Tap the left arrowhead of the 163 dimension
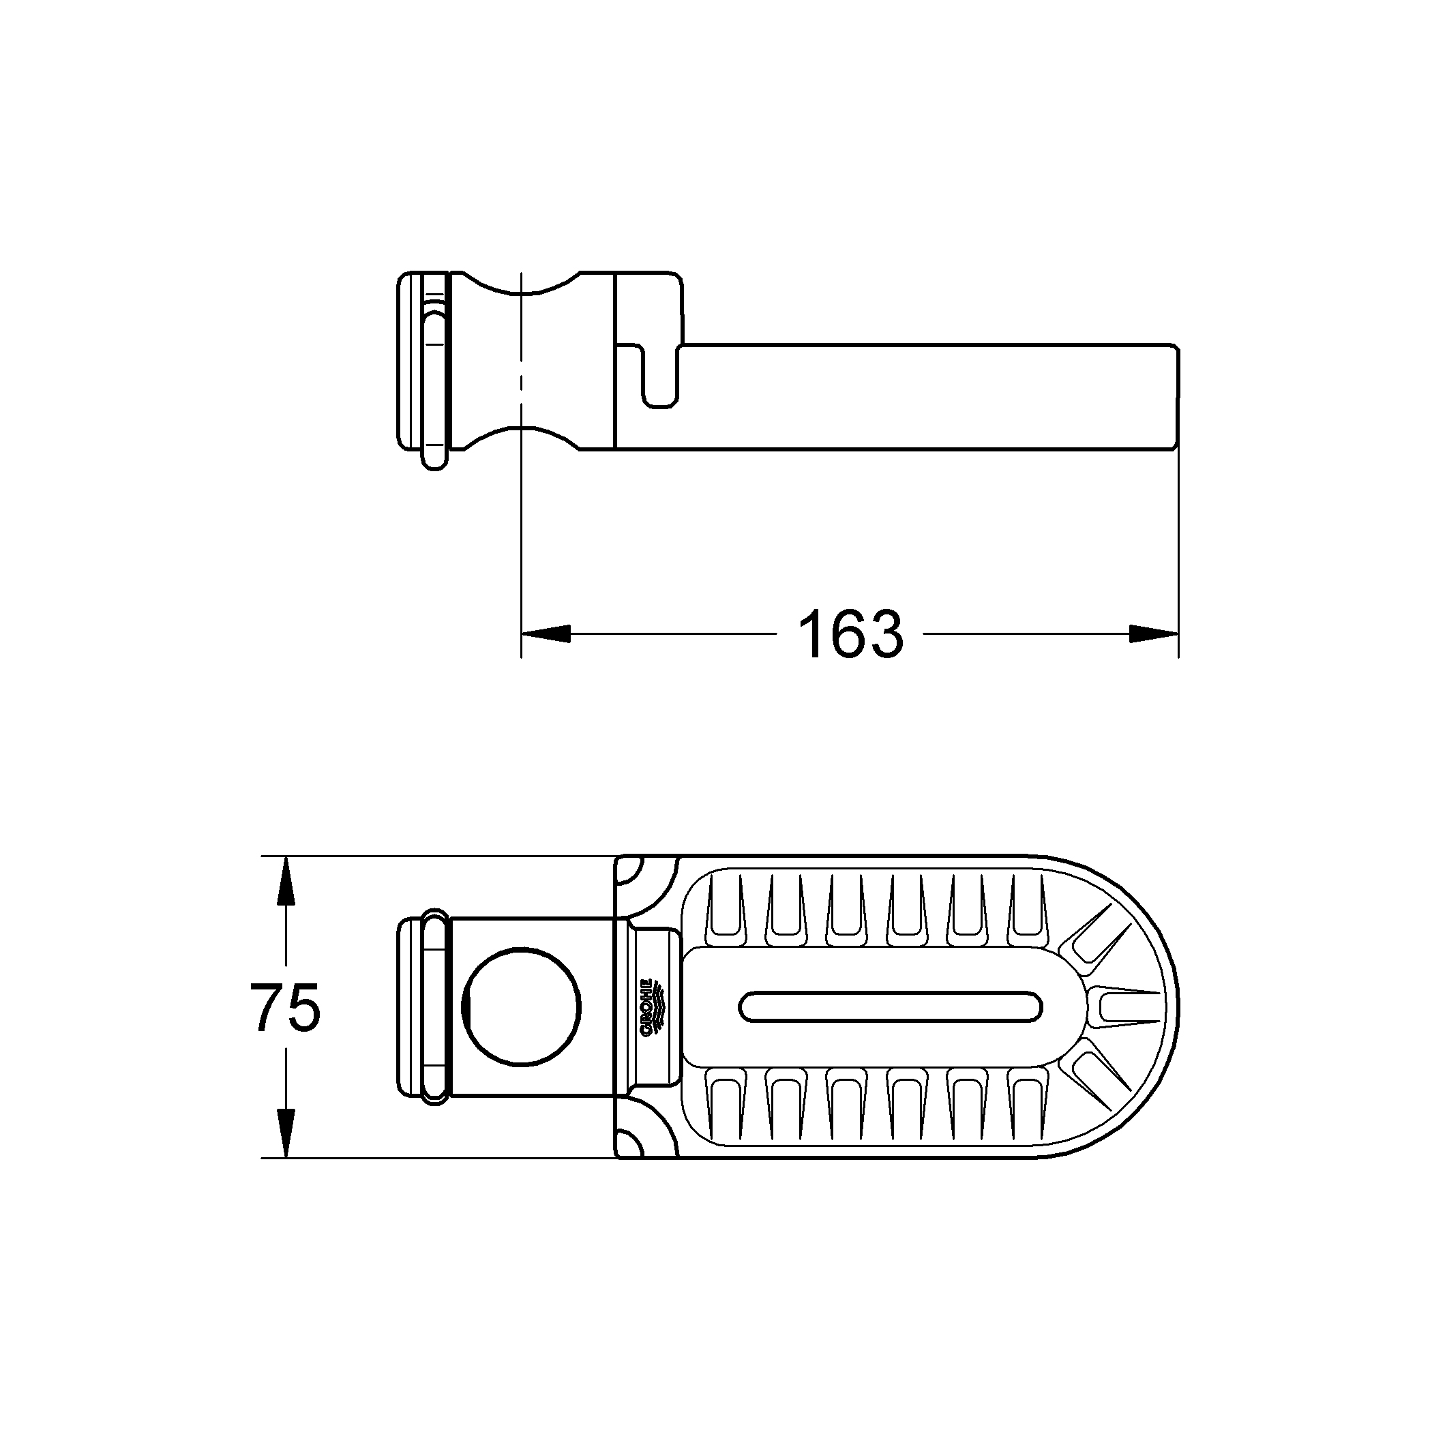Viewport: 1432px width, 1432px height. tap(546, 633)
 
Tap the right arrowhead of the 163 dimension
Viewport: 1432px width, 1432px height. tap(1154, 633)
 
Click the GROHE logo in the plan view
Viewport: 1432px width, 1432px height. tap(650, 1007)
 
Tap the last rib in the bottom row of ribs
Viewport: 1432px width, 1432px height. tap(1028, 1108)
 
